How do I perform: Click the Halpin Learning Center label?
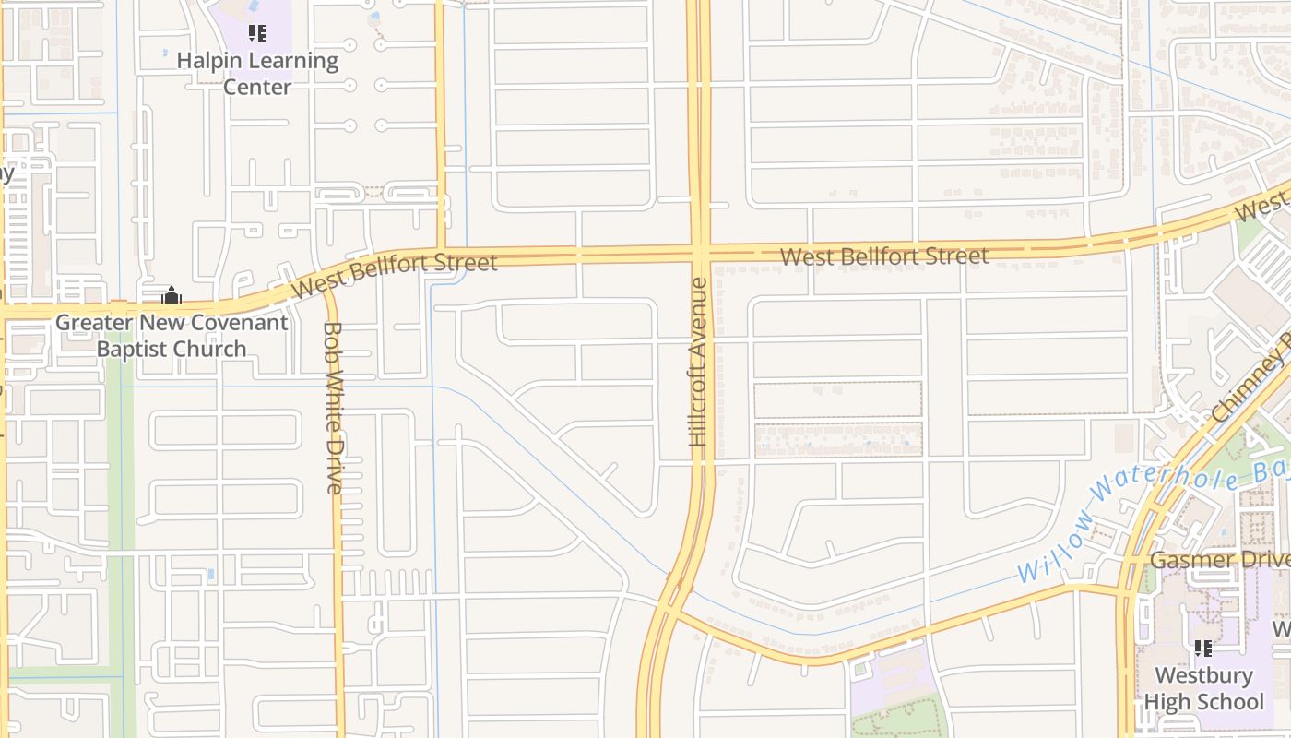tap(257, 74)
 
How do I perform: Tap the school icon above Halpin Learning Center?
tap(257, 34)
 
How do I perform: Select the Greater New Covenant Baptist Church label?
tap(172, 336)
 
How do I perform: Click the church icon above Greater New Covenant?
tap(172, 296)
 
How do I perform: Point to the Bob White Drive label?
tap(334, 407)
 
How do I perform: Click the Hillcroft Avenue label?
tap(699, 363)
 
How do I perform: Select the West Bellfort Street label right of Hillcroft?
tap(884, 256)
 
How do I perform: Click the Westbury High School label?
tap(1203, 688)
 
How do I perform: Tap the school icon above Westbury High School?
tap(1202, 649)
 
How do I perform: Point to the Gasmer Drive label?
tap(1219, 560)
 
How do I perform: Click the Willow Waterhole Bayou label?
tap(1153, 521)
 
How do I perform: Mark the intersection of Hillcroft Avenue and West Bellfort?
tap(700, 252)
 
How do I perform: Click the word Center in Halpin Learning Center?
tap(257, 87)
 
